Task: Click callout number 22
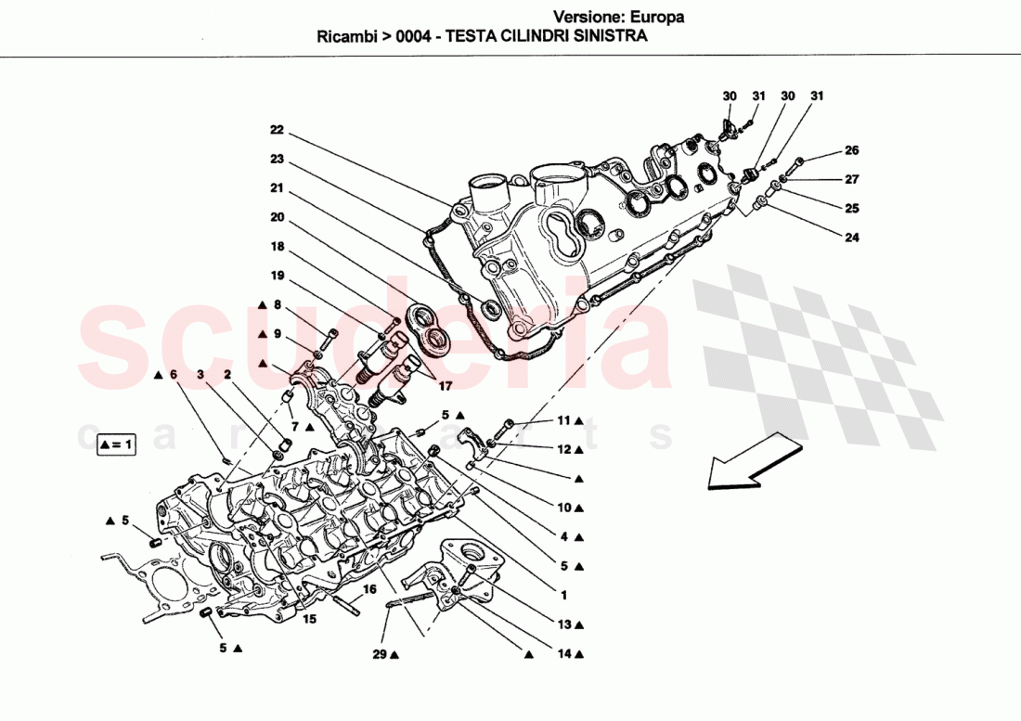pos(277,130)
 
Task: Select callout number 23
pos(277,159)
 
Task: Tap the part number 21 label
pos(277,188)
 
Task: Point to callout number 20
pos(277,218)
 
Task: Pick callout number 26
pos(851,150)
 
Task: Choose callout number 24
pos(851,238)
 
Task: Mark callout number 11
pos(563,420)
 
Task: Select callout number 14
pos(563,654)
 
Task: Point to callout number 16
pos(368,589)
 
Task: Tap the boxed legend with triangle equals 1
pos(116,445)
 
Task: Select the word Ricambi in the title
pos(342,37)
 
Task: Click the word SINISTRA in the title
pos(611,37)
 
